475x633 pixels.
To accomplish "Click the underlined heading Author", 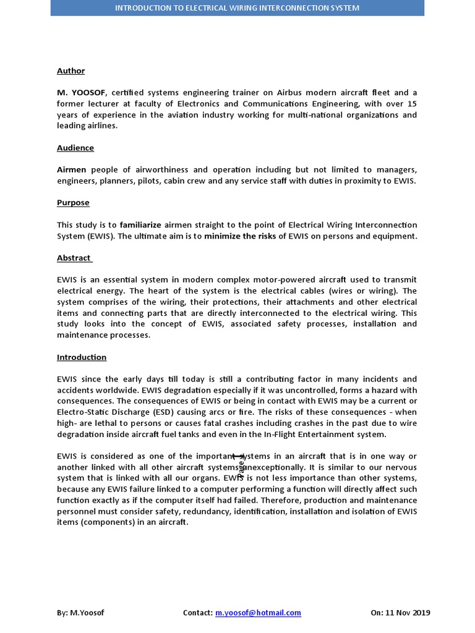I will click(71, 71).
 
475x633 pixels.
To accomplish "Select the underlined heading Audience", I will click(75, 148).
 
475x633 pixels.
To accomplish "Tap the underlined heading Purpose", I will click(73, 203).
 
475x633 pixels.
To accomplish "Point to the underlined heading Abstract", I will click(74, 258).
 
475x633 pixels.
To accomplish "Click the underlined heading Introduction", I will click(82, 357).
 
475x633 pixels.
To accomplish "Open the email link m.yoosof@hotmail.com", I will click(258, 613).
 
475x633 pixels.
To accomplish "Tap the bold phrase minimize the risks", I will click(240, 236).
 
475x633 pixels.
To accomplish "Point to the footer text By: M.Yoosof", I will click(80, 613).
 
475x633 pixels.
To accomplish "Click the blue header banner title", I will click(237, 8).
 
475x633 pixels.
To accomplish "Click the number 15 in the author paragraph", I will click(412, 104).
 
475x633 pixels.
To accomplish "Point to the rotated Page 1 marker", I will click(241, 465).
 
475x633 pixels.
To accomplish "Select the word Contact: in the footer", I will click(198, 613).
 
